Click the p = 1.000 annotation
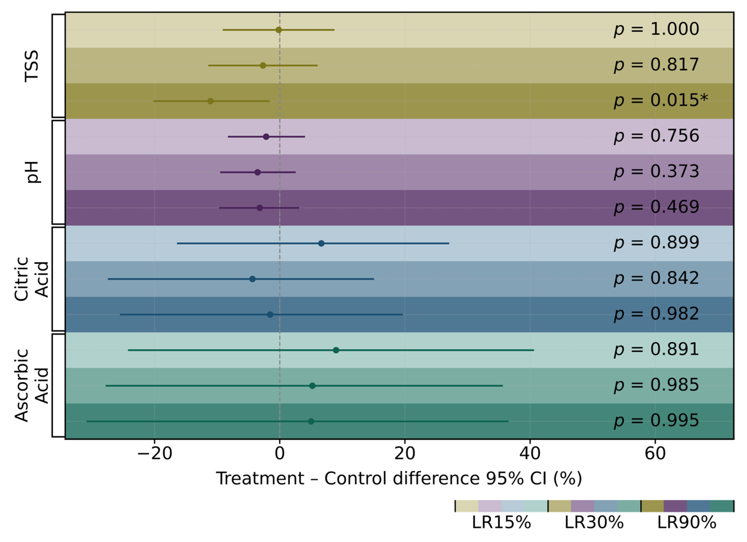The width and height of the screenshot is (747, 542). [x=656, y=30]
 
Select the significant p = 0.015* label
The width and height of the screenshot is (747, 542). [x=661, y=100]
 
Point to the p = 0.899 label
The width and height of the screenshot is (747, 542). [x=656, y=243]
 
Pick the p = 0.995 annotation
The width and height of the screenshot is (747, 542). [x=656, y=421]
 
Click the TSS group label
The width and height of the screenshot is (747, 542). [x=32, y=66]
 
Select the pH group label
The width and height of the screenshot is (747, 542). [x=33, y=172]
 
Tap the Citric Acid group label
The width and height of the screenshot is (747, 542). [x=32, y=279]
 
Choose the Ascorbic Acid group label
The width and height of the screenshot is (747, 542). [x=32, y=385]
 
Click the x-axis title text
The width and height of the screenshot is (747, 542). [x=399, y=478]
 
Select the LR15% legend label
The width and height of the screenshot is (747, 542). [x=501, y=523]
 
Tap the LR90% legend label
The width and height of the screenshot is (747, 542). [x=687, y=523]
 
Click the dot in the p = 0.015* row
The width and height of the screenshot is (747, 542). [x=210, y=101]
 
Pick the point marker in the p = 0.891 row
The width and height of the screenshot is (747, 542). [x=336, y=350]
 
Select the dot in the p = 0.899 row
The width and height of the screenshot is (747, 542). [x=321, y=243]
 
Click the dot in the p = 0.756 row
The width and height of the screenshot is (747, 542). [x=266, y=137]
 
